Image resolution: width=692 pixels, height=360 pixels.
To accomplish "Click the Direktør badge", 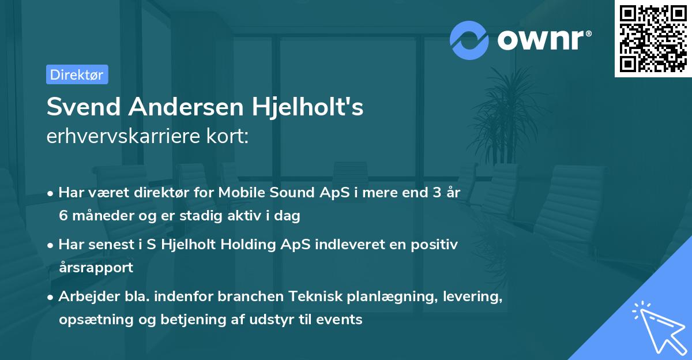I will [77, 74].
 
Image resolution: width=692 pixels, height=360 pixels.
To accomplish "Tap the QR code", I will [653, 39].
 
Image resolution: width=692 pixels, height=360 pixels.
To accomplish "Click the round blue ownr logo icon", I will [469, 40].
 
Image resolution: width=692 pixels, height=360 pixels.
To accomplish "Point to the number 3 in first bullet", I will [429, 193].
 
